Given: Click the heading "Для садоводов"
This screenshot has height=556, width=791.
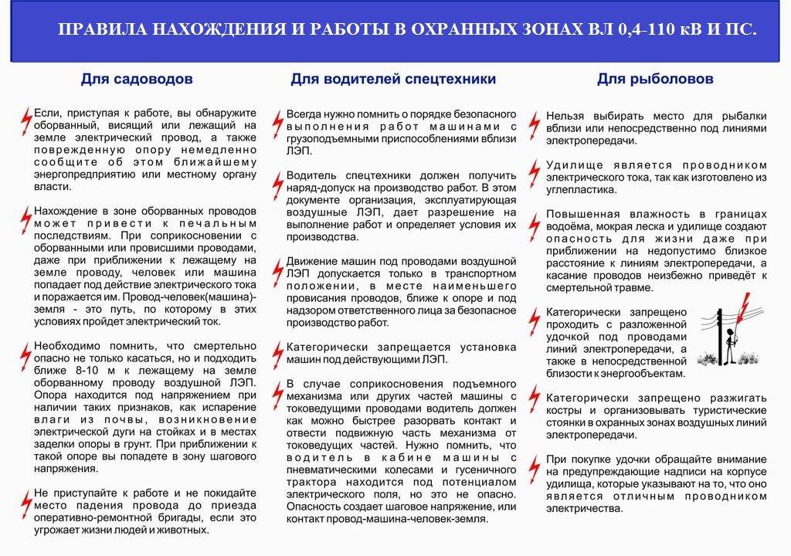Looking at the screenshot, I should pos(137,79).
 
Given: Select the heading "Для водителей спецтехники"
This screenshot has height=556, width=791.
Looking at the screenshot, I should pos(393,79).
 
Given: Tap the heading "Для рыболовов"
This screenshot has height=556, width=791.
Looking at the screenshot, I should pos(655,79).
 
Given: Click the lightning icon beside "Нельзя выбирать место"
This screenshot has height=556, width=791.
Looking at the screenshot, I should pos(533,122).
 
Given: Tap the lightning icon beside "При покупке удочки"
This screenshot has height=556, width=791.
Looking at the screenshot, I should pos(533,466).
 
